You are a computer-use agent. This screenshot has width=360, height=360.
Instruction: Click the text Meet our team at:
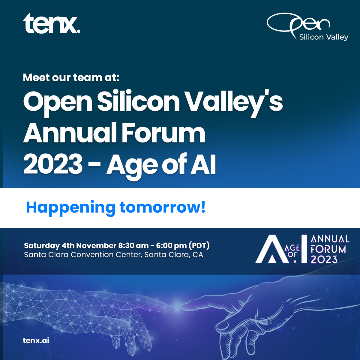click(x=71, y=78)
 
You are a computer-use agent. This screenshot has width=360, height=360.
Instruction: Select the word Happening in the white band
click(x=70, y=208)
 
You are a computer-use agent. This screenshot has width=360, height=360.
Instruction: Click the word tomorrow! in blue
click(x=162, y=207)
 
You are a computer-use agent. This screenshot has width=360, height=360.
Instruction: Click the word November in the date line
click(x=96, y=246)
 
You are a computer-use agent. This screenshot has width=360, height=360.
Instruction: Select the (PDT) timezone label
click(x=199, y=246)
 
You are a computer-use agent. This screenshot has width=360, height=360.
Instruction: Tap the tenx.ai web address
click(x=36, y=340)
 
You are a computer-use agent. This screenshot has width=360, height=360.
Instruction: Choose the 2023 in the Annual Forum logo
click(x=324, y=259)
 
